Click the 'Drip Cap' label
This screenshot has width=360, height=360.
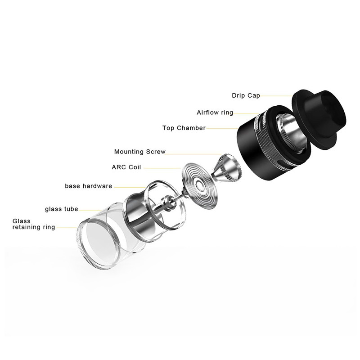point(246,95)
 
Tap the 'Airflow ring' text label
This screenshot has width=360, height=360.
point(215,112)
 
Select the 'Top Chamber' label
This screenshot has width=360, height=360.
point(184,128)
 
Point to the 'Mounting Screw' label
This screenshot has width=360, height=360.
point(140,152)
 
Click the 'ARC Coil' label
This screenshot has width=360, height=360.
point(126,167)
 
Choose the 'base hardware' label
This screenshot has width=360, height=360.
point(88,186)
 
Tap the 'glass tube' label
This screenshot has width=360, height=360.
point(62,209)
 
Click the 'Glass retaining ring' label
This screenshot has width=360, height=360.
point(34,224)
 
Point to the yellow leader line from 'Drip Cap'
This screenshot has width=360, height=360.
point(276,96)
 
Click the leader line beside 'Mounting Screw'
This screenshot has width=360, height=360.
point(193,154)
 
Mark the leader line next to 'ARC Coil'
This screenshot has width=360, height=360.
point(162,168)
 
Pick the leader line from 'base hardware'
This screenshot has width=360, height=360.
point(130,187)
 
